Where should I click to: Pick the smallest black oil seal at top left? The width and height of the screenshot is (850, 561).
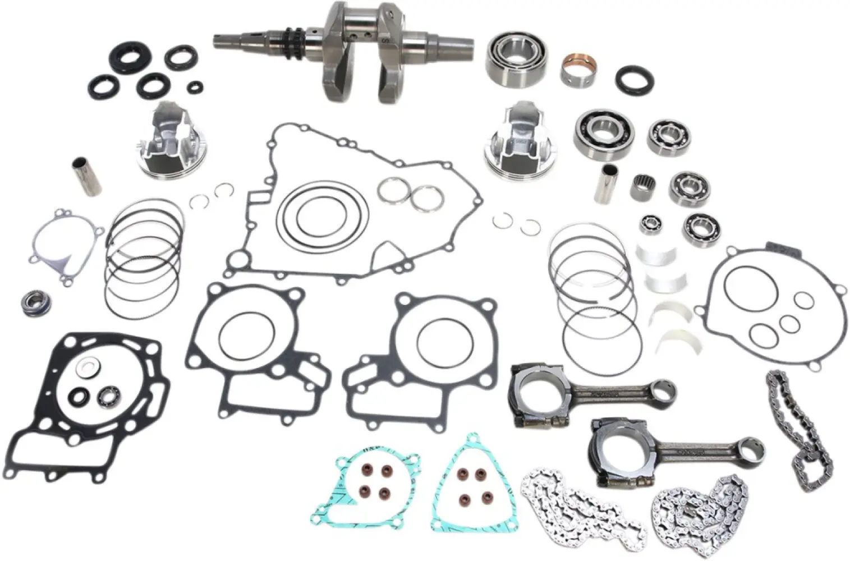click(x=196, y=86)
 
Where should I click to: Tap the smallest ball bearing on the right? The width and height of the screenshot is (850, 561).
click(x=650, y=226)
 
